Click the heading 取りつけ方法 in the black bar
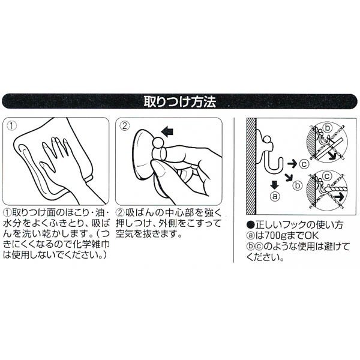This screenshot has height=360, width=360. point(180,102)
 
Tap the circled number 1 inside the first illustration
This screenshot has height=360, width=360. point(11,125)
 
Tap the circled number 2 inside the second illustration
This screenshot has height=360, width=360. point(125,125)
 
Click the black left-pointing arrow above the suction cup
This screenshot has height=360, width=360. point(167,132)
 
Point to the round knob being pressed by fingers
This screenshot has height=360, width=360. point(159,143)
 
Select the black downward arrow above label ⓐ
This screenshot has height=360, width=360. point(275,185)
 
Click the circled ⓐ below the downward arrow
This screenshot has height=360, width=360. point(275,196)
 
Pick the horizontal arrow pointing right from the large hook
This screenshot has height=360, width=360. point(292,163)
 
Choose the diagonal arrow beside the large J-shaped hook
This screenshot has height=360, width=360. point(289,177)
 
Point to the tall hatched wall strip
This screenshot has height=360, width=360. point(251,166)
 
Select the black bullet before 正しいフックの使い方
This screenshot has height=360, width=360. point(251,224)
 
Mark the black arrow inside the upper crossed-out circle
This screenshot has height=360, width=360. point(333,155)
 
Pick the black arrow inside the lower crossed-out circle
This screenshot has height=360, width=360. point(339,197)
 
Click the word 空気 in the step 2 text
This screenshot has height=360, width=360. point(126,233)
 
